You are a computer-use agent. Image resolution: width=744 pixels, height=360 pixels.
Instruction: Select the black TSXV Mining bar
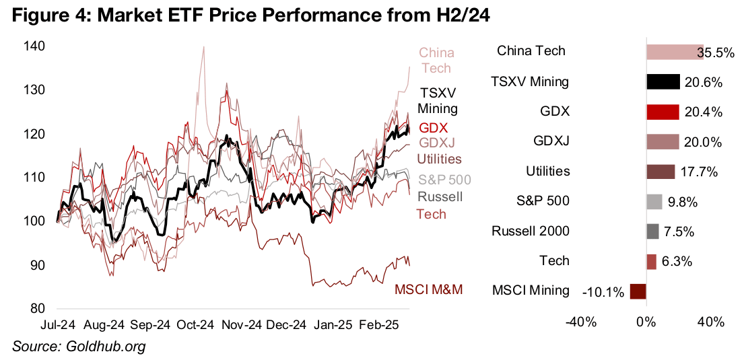[663, 82]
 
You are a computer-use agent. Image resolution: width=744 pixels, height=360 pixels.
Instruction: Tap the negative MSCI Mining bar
[638, 291]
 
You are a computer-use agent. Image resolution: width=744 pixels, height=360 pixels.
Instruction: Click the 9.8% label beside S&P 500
[680, 201]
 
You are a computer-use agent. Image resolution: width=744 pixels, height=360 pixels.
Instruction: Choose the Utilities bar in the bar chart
[661, 172]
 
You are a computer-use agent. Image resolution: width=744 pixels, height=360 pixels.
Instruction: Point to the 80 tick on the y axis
[38, 310]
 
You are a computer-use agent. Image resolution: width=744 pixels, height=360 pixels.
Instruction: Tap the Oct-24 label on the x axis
[196, 324]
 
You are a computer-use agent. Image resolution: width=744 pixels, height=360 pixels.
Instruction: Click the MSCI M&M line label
[430, 290]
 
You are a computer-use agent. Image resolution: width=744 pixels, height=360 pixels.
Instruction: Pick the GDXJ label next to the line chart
[436, 143]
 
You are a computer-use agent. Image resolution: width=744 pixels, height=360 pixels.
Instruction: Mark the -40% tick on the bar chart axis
[581, 322]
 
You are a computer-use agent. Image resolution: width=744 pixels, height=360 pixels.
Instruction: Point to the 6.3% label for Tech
[674, 261]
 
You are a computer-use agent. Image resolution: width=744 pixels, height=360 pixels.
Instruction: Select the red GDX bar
[663, 112]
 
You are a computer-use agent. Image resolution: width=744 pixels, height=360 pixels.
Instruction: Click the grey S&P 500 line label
[444, 180]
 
